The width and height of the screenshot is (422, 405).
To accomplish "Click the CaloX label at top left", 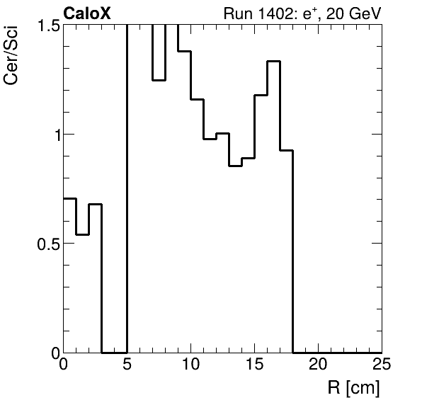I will click(87, 13).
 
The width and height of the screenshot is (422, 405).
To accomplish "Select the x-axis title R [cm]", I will click(354, 388).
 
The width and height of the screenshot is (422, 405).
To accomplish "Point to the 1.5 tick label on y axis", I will click(47, 26).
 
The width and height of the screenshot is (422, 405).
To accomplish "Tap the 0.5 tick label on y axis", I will click(47, 244).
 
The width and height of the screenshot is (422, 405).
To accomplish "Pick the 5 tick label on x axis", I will click(127, 365).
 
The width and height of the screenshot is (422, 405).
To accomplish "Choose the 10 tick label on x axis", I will click(191, 365).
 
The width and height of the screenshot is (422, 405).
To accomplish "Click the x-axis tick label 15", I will click(255, 365).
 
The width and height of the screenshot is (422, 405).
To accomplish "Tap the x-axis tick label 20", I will click(319, 365).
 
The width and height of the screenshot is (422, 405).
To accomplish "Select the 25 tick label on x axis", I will click(381, 365).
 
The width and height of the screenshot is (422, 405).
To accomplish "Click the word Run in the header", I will click(236, 13).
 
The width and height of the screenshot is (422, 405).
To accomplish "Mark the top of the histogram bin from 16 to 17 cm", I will click(274, 62).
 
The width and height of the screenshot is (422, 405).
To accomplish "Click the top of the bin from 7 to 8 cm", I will click(159, 80).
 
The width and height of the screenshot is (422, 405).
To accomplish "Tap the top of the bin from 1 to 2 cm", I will click(83, 234).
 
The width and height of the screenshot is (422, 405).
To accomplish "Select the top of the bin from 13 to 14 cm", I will click(236, 166).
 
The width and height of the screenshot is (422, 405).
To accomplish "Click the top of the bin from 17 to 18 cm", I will click(287, 150).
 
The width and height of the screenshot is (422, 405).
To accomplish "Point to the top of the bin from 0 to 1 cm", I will click(70, 198).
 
